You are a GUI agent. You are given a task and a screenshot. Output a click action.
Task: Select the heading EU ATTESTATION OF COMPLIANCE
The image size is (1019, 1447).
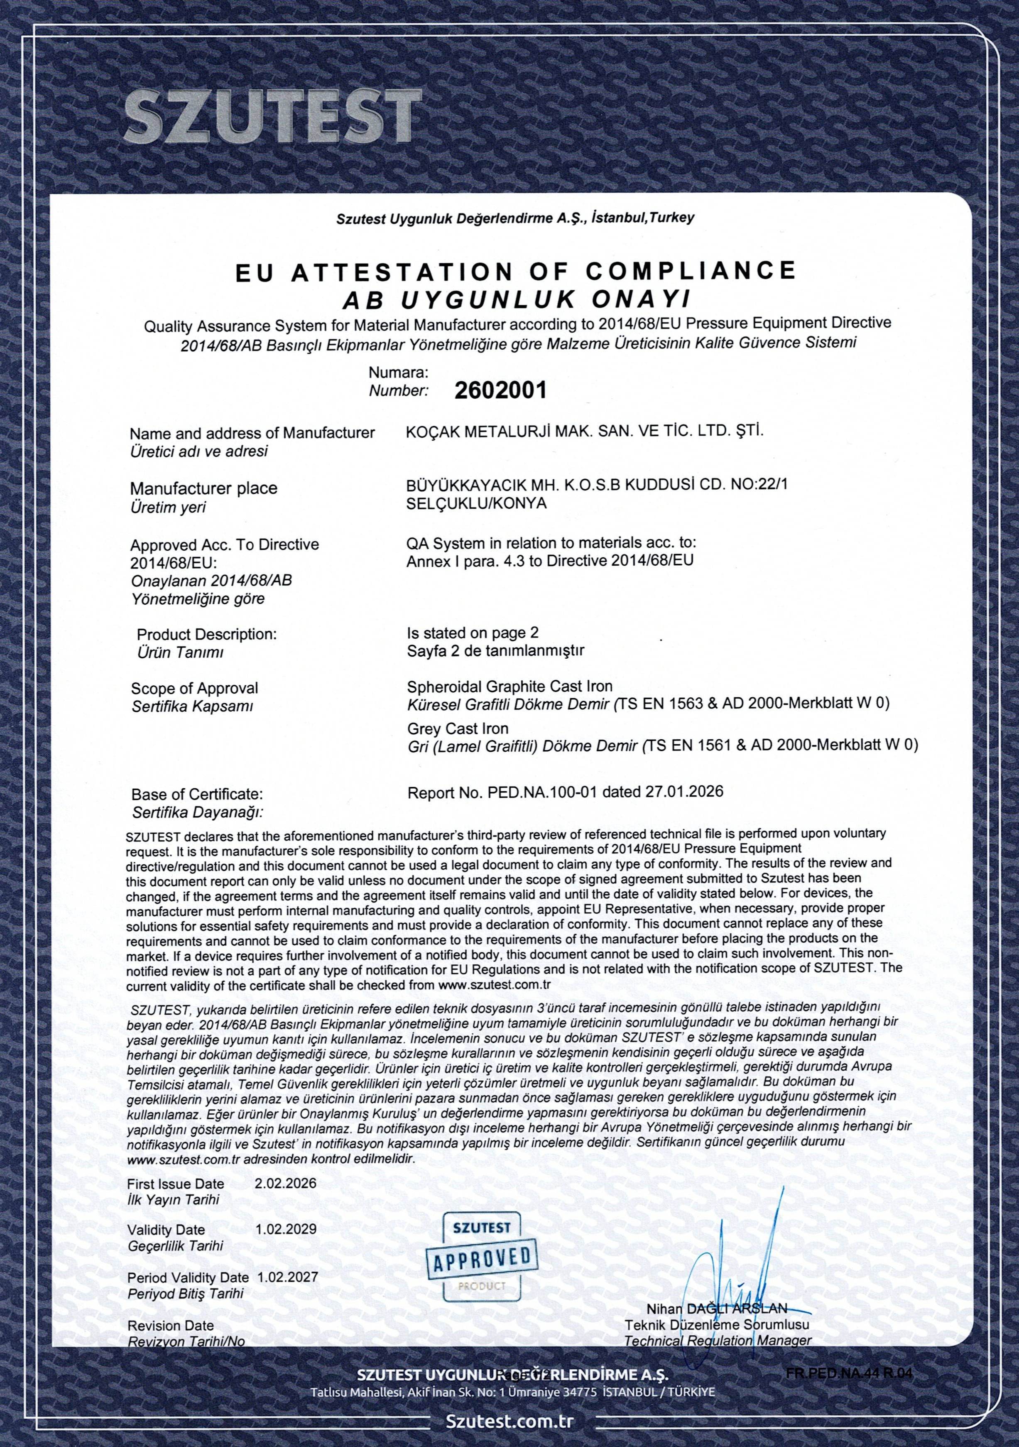[x=515, y=271]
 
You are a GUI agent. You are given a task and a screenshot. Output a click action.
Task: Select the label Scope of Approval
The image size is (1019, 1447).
[x=195, y=688]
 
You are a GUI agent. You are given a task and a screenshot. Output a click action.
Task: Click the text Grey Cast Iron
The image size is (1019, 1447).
[x=458, y=728]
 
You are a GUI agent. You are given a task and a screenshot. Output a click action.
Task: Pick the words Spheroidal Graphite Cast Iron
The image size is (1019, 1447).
[x=510, y=686]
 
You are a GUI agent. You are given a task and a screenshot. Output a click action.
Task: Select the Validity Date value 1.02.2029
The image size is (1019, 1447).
[x=286, y=1229]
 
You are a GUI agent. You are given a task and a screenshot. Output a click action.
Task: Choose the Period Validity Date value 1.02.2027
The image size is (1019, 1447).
[x=288, y=1278]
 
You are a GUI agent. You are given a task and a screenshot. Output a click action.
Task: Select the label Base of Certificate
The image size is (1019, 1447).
[x=196, y=793]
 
